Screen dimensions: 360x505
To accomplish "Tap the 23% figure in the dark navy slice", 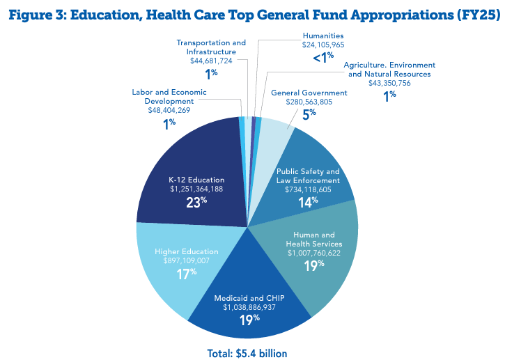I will point(196,203).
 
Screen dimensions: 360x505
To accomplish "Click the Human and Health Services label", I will point(313,239).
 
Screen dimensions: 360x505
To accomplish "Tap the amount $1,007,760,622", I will point(313,254).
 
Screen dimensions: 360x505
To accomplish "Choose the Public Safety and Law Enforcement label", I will point(308,176).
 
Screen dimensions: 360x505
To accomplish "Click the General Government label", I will point(309,93).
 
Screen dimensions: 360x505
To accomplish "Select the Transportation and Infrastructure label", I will point(212,47).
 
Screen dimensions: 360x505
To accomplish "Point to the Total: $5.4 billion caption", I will point(247,352).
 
